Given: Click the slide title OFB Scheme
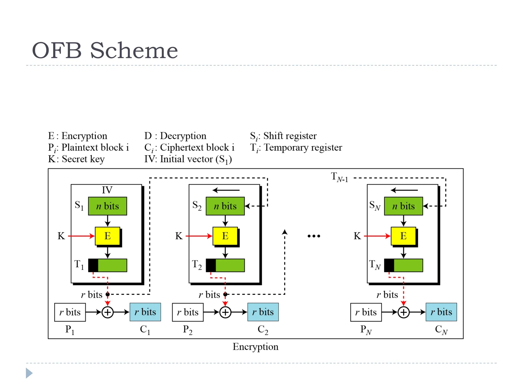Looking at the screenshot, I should (105, 50).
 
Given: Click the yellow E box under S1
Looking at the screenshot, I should (108, 236).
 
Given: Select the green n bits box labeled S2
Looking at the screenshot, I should (225, 206).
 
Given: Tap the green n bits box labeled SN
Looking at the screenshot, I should (403, 206).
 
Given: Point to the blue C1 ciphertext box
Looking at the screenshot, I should (145, 312).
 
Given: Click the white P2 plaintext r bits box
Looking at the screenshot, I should (188, 312).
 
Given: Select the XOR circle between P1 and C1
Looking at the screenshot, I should (108, 312).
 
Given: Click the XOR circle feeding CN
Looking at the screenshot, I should (403, 312).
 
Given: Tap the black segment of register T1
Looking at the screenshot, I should (93, 265).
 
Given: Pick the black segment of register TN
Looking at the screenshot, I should (389, 265).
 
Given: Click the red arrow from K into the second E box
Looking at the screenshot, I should (199, 236).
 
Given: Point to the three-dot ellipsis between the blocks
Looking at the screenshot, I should (314, 236).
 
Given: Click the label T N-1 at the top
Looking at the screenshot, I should (339, 177).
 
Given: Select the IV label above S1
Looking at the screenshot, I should (107, 190).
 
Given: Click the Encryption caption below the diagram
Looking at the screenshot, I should (255, 347).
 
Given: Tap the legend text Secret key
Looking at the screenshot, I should (83, 159).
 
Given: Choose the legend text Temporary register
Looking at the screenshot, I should (303, 148).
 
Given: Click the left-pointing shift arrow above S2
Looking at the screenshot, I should (226, 190).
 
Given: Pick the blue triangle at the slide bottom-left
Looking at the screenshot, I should (29, 373).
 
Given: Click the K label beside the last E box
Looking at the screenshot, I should (357, 236).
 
